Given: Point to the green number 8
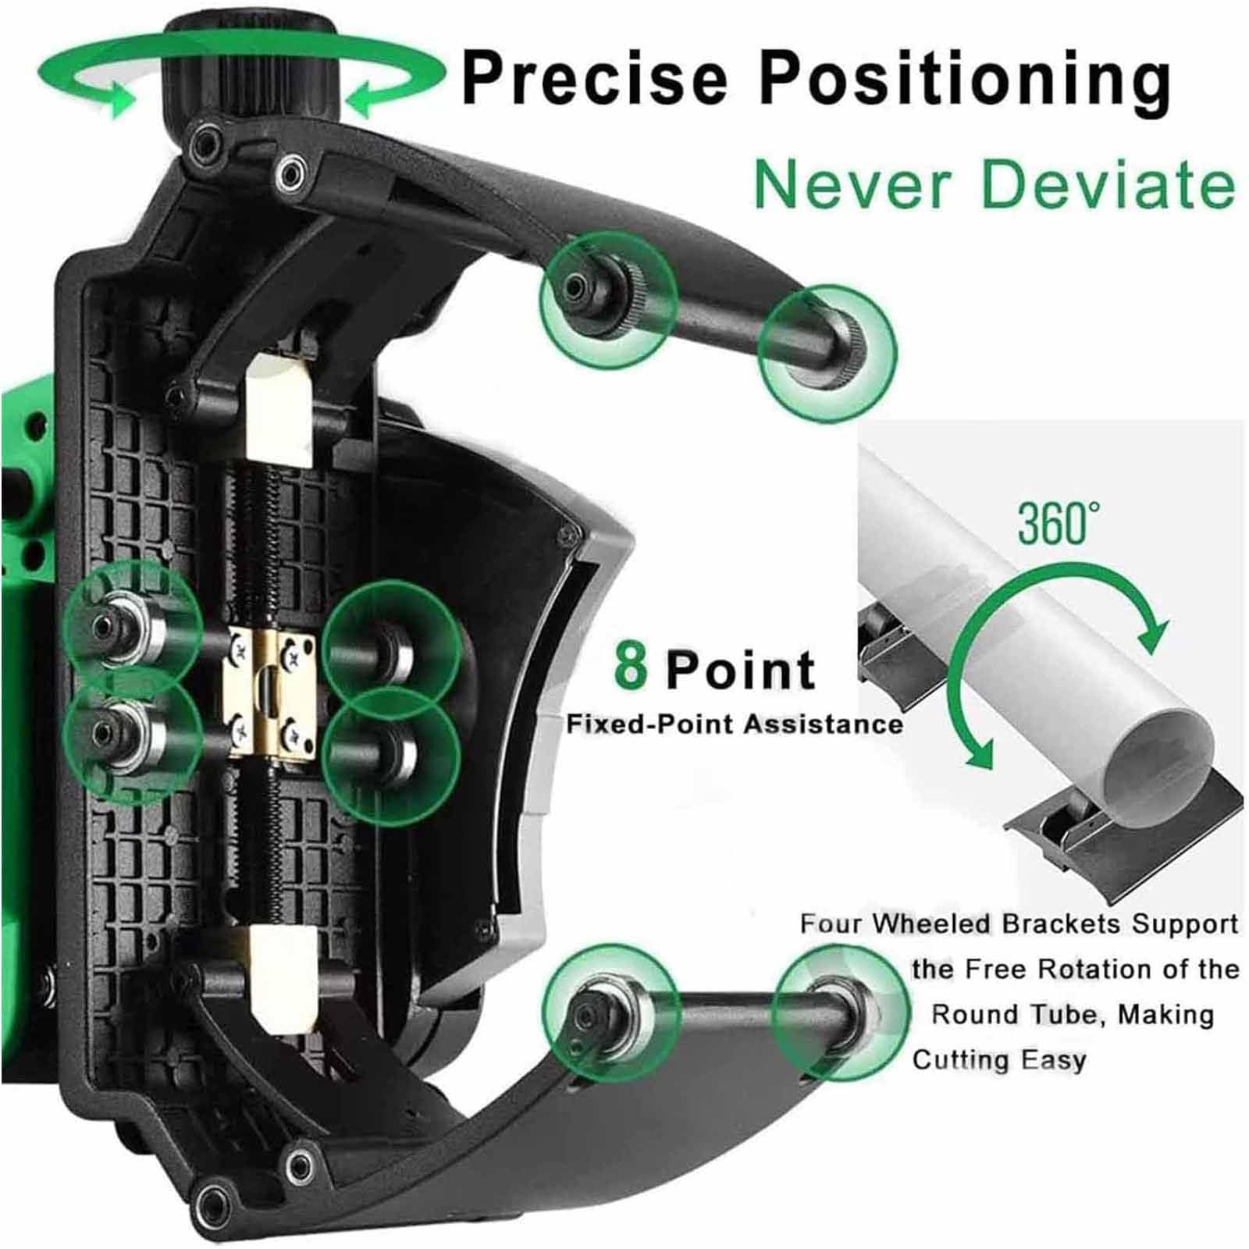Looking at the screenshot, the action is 631,664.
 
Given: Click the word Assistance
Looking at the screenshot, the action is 822,724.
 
